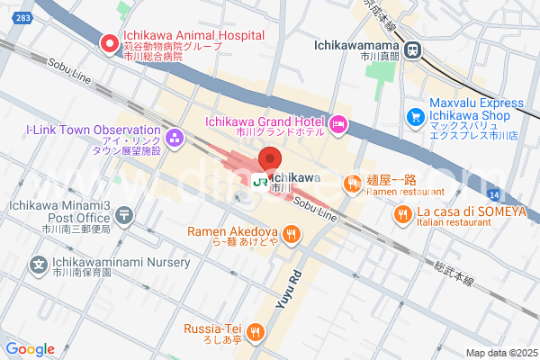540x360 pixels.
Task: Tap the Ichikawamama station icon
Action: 413,50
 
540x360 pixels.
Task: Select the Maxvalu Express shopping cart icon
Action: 415,116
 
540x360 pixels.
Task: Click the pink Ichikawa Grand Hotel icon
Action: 338,123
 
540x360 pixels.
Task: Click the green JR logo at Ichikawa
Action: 259,181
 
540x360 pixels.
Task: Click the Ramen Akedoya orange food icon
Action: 291,236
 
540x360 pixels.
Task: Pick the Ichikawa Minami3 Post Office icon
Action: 124,215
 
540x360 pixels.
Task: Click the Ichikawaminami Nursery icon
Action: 39,265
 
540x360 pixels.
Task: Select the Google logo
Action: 30,348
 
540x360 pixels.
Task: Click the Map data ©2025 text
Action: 499,352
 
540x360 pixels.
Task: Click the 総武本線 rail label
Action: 454,274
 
